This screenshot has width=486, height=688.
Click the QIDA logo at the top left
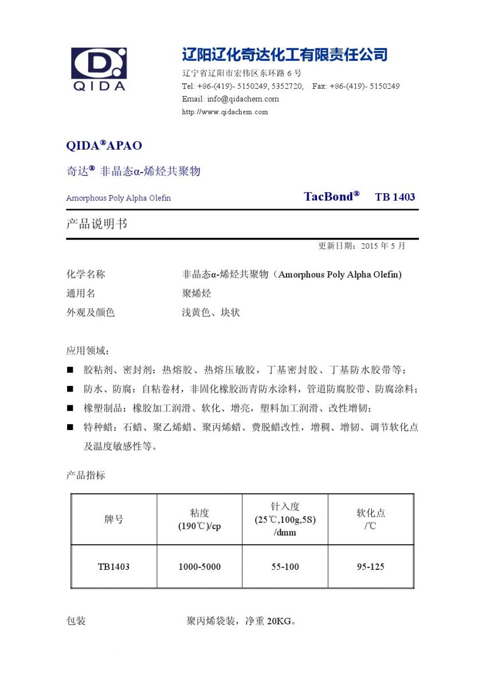coord(99,69)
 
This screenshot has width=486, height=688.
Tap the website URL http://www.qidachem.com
coord(225,112)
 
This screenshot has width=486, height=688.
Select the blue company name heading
coord(285,55)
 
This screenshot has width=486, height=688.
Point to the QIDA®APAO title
coord(104,146)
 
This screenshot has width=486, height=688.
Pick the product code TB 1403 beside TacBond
coord(395,197)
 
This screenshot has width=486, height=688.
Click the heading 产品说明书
coord(96,224)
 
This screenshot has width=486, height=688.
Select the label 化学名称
coord(86,275)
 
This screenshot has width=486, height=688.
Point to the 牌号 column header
coord(113,519)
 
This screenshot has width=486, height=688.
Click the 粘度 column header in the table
coord(199,519)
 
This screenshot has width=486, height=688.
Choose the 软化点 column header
coord(370,519)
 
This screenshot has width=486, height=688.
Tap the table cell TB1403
coord(113,566)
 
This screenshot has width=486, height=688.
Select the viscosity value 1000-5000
coord(199,566)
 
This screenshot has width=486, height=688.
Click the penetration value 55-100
coord(285,566)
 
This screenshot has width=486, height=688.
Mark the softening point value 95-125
coord(370,566)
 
